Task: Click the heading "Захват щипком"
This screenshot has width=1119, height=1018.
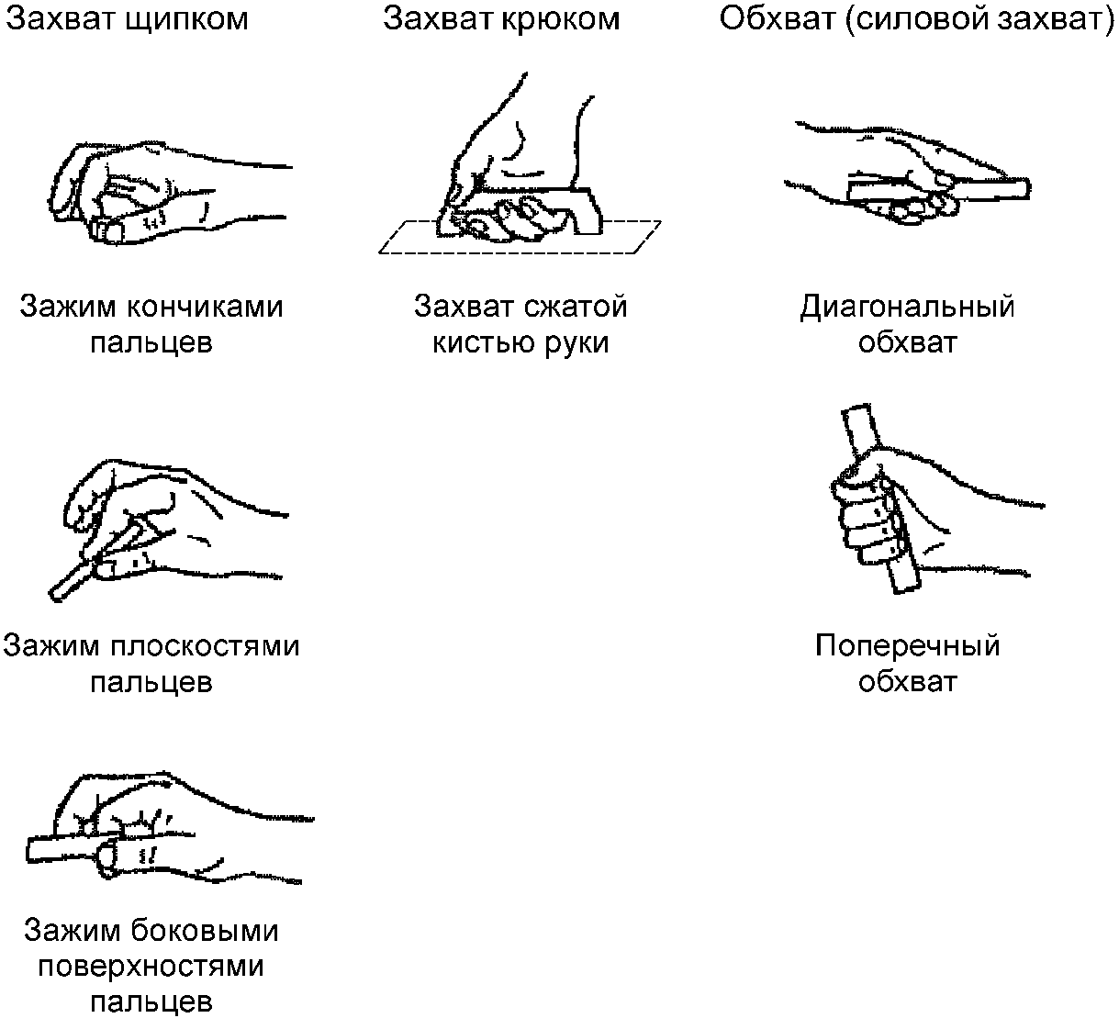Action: pos(127,19)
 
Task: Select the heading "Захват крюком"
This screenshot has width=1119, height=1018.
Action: pos(501,19)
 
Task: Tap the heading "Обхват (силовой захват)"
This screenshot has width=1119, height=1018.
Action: pos(916,19)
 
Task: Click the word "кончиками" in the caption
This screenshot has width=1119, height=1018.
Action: pos(204,306)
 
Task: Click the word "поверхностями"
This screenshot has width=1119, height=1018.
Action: pos(151,966)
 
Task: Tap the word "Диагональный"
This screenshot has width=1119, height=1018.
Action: pos(907,306)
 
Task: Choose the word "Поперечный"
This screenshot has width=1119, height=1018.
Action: pos(907,645)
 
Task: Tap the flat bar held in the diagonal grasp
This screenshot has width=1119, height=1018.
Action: pos(991,189)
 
